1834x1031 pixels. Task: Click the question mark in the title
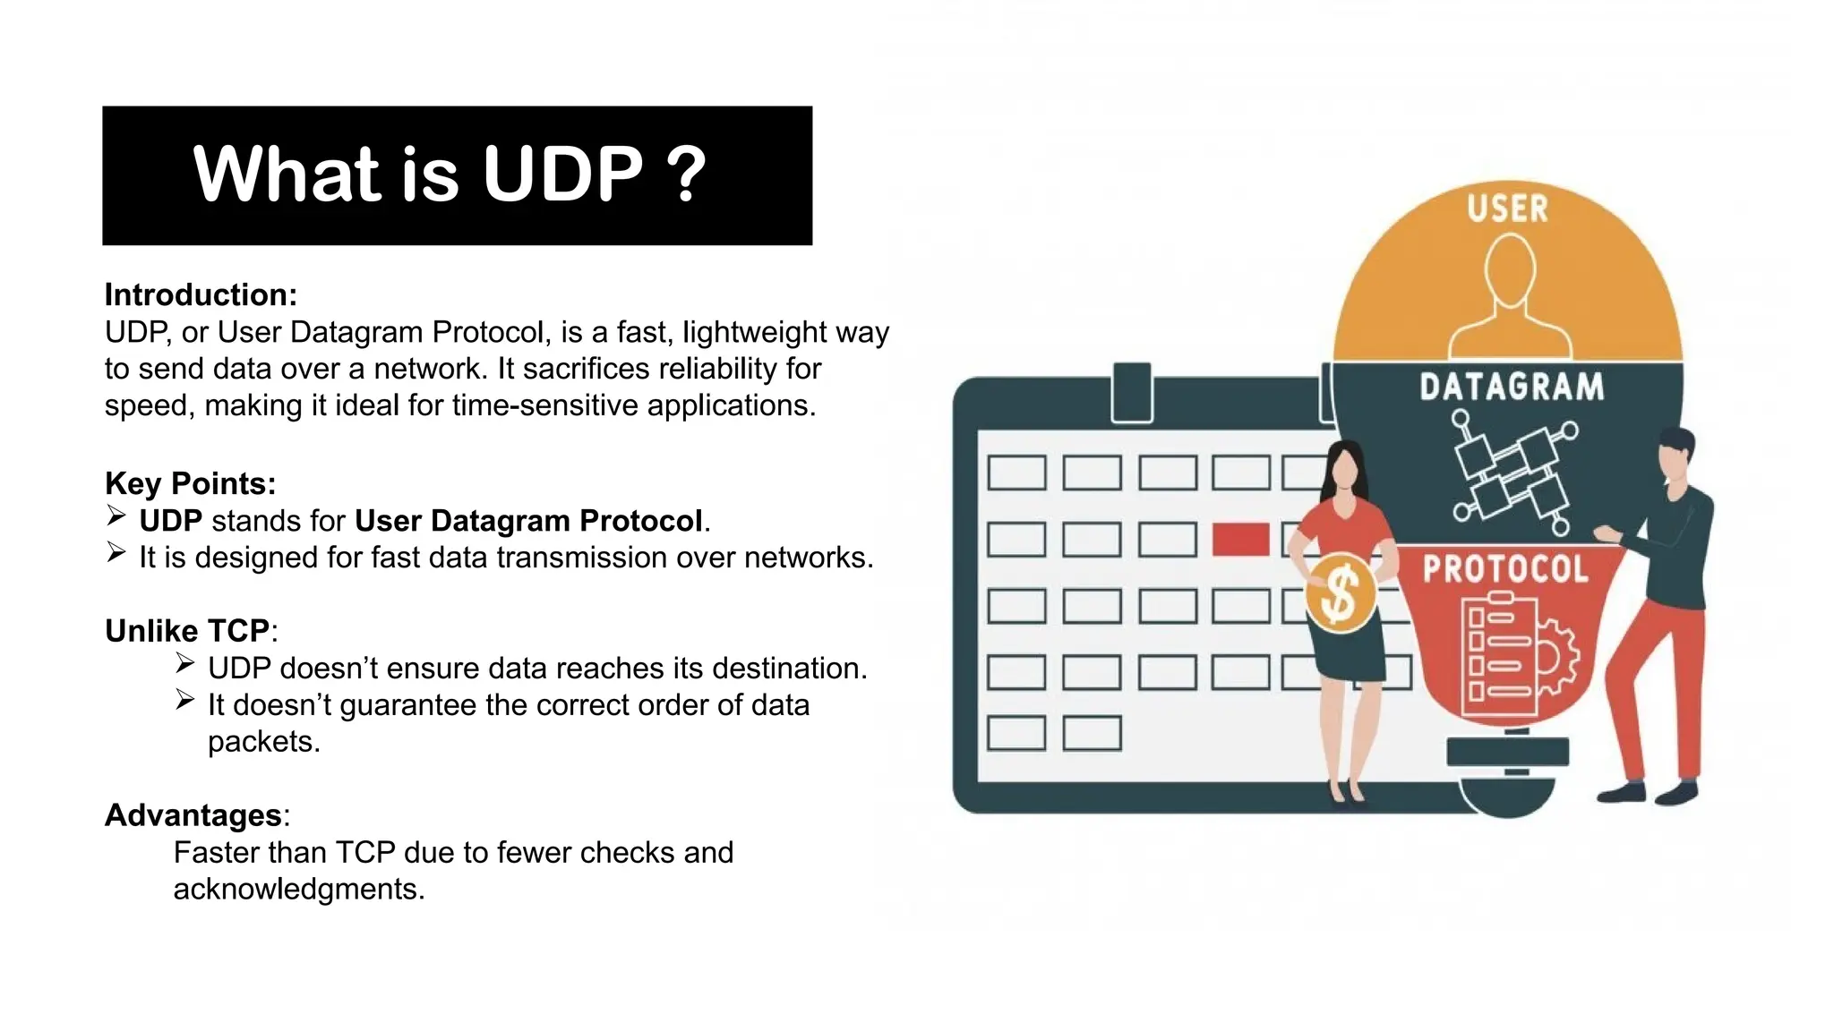point(687,174)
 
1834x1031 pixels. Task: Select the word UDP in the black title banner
point(562,174)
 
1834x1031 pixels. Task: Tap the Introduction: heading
point(201,294)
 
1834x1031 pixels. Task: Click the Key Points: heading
point(190,483)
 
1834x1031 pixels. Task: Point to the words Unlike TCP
point(187,631)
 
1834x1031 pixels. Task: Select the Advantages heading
point(193,815)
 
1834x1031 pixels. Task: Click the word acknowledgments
point(298,889)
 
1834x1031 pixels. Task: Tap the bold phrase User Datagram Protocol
point(528,521)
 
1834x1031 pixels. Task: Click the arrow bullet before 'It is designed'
point(116,553)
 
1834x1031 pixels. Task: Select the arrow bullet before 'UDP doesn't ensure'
point(184,664)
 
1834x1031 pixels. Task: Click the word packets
point(263,742)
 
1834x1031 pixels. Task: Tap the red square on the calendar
point(1240,540)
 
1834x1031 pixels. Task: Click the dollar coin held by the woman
point(1340,593)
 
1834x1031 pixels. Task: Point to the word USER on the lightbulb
point(1507,209)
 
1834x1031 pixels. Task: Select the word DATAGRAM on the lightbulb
point(1512,388)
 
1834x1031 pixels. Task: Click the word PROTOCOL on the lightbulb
point(1505,569)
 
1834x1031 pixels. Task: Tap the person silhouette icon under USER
point(1510,295)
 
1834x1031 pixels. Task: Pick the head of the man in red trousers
point(1674,453)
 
